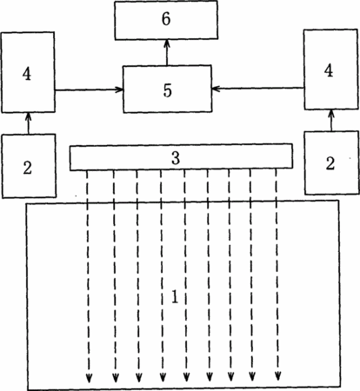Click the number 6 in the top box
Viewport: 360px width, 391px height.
tap(166, 19)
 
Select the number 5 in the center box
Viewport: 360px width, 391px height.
tap(167, 90)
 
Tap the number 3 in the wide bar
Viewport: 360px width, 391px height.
tap(176, 158)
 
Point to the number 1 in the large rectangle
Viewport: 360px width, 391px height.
tap(175, 296)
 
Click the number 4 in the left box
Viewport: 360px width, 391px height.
tap(27, 74)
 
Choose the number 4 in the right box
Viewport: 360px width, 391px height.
tap(329, 71)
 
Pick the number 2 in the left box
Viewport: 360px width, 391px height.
tap(28, 168)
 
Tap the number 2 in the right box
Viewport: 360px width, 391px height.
tap(330, 164)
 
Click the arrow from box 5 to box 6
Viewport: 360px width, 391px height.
tap(167, 52)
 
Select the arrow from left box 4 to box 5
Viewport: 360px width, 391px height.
tap(89, 89)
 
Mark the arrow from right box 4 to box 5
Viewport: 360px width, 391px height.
tap(257, 88)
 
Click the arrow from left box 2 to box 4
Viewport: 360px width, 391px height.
tap(28, 123)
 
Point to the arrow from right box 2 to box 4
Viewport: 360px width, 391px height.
tap(331, 120)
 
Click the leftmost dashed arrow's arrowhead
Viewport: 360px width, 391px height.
tap(89, 378)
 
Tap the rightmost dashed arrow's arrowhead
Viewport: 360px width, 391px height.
tap(277, 376)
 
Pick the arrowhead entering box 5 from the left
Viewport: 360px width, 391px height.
tap(120, 89)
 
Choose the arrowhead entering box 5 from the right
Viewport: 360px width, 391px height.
tap(216, 89)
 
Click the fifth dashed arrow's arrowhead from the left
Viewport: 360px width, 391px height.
tap(186, 377)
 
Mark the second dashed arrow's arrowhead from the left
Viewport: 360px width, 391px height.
tap(116, 377)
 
